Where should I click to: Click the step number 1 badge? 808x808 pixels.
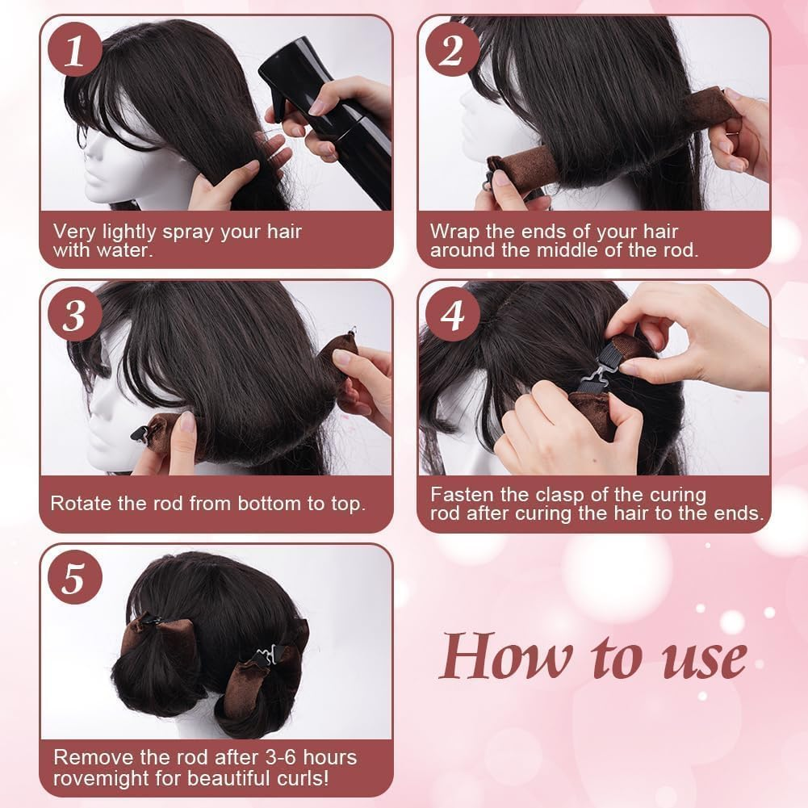[73, 51]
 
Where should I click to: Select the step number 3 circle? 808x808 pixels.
[73, 315]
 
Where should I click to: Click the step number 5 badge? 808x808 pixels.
[73, 580]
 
